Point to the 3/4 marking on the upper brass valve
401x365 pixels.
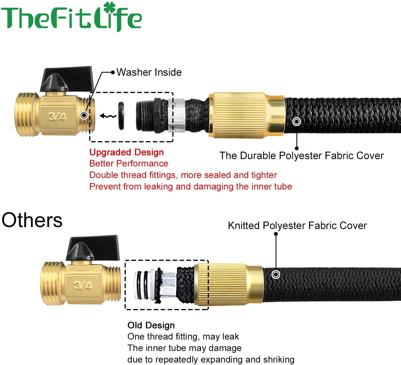coord(57,117)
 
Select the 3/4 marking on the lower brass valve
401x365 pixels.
coord(83,285)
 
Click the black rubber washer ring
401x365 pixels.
coord(121,116)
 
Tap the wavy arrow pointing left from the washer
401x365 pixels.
coord(108,116)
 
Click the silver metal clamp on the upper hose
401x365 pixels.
coord(177,115)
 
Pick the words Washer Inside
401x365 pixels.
coord(149,72)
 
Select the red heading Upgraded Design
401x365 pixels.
coord(127,152)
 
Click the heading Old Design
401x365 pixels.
coord(151,325)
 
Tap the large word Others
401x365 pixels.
coord(32,220)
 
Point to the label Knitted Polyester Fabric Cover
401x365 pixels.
coord(297,225)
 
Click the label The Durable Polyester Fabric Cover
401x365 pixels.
coord(301,156)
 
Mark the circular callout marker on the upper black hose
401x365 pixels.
coord(297,121)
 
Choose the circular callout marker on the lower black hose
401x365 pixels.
coord(276,274)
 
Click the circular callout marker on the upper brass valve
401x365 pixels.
coord(84,115)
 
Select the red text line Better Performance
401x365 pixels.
coord(129,163)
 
